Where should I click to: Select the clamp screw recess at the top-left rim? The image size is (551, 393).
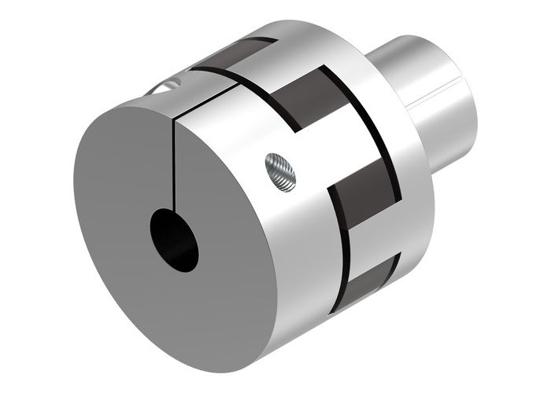pos(169,82)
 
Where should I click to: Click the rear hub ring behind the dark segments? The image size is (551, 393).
pos(394,157)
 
